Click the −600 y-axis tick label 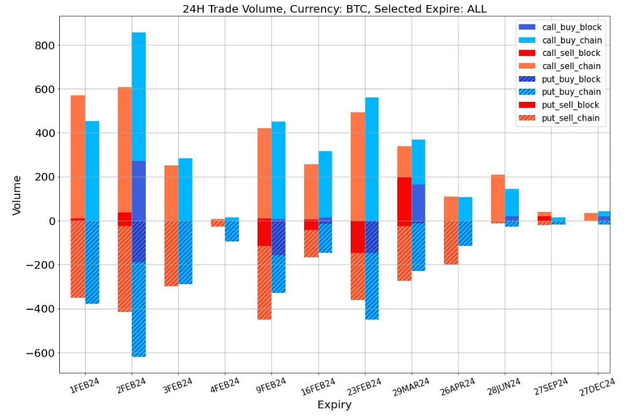(x=39, y=353)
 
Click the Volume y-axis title (x=17, y=195)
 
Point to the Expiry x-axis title (x=334, y=405)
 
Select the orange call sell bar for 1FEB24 (x=78, y=157)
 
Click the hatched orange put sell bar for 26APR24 (x=451, y=243)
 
